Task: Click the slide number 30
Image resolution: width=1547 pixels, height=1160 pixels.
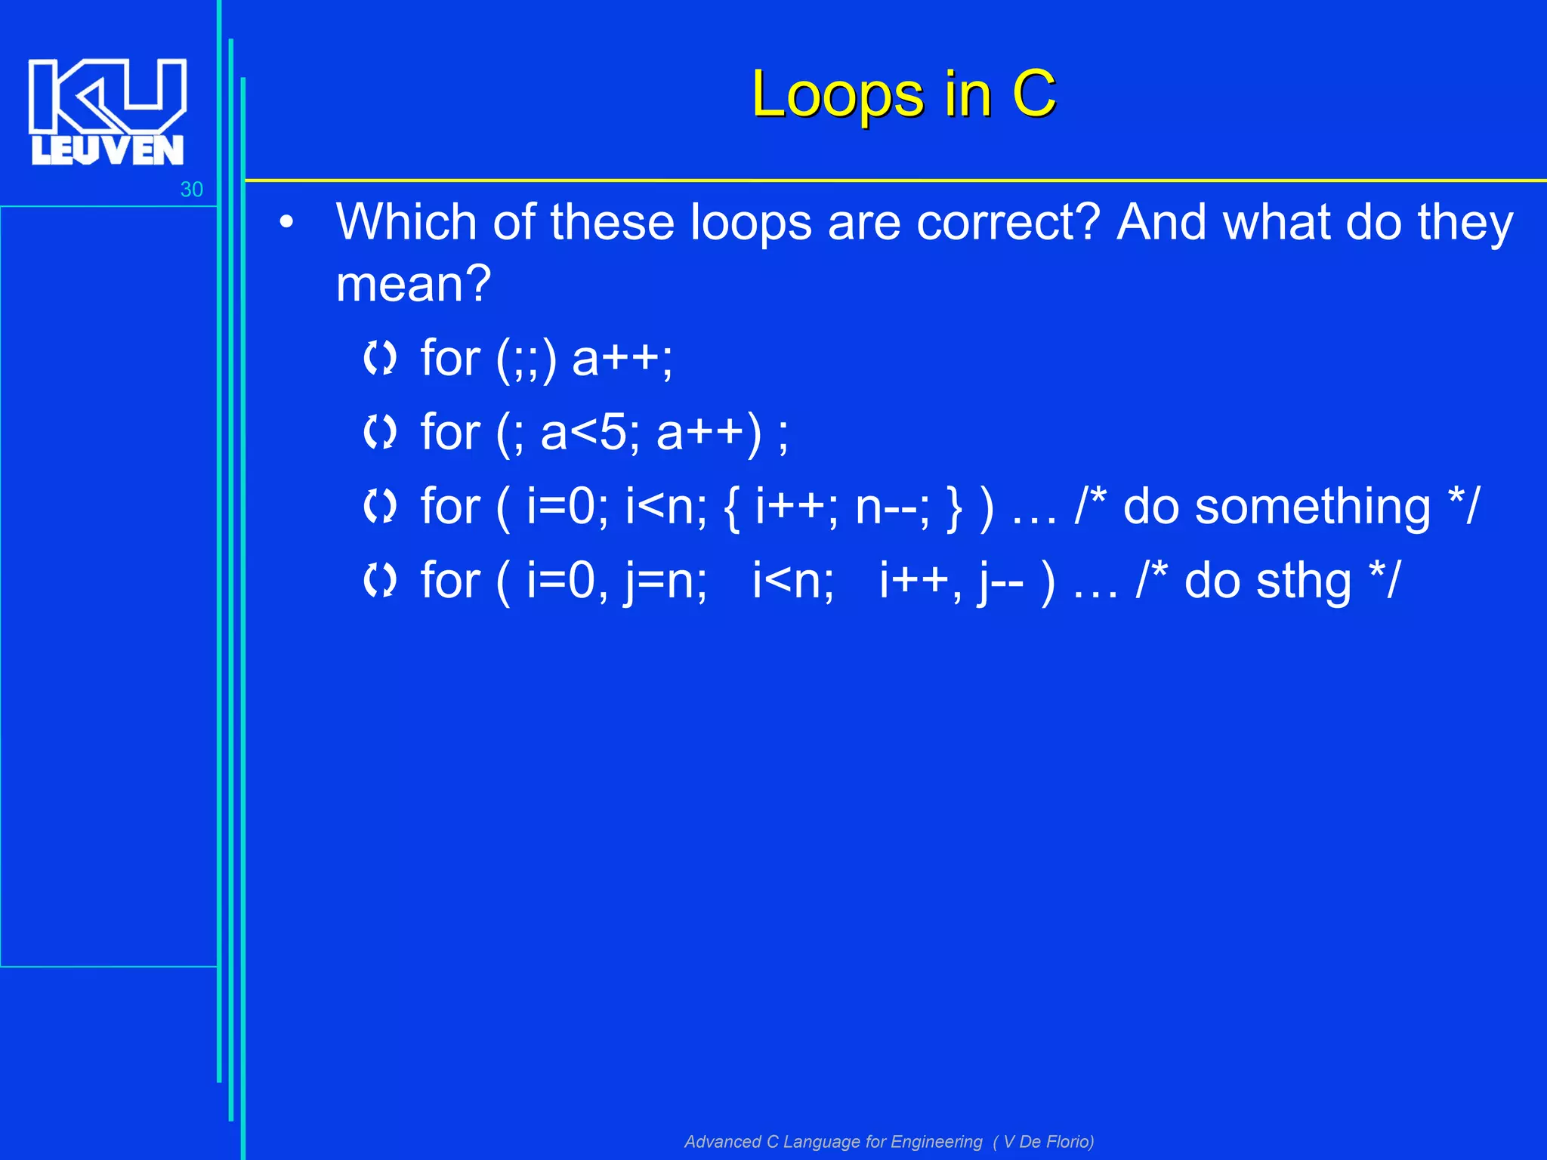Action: [191, 190]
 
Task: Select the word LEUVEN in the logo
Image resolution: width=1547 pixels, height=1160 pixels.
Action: [107, 150]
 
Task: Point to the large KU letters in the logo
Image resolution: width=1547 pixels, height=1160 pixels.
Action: [107, 94]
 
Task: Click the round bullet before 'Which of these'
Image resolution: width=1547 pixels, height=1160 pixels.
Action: [286, 223]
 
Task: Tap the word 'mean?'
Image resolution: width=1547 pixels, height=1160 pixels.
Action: [413, 284]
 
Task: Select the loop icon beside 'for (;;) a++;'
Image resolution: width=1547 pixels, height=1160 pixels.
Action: [379, 358]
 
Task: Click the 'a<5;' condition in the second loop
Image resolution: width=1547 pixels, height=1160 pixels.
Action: [590, 433]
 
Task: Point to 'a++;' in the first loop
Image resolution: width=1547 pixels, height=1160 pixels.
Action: [622, 358]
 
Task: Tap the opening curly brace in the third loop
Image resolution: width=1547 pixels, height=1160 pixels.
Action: [730, 507]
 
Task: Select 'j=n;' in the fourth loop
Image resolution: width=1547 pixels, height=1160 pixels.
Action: [665, 582]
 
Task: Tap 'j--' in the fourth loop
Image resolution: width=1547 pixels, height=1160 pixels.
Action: [1001, 582]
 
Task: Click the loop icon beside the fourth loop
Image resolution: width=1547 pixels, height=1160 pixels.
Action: [379, 581]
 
